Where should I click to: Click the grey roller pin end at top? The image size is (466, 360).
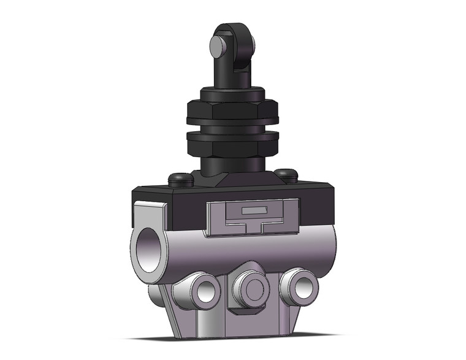(x=216, y=46)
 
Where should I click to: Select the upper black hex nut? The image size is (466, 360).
(x=232, y=112)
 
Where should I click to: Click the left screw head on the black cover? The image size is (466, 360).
(x=179, y=179)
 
